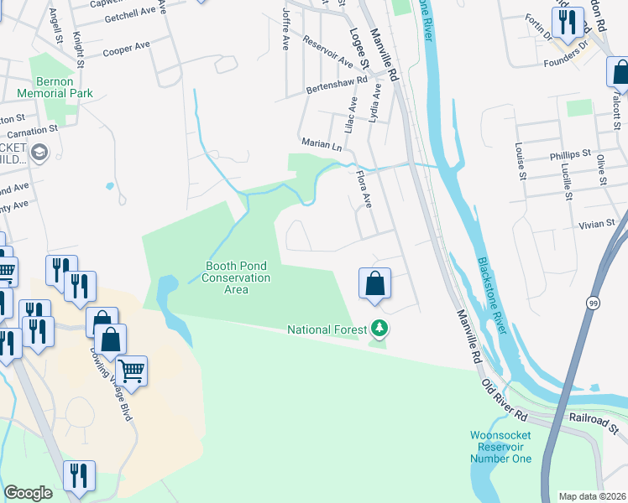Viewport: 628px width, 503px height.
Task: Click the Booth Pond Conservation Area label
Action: tap(238, 277)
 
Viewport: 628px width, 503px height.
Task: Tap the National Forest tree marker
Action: tap(380, 329)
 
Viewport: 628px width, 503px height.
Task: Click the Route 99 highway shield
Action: tap(594, 304)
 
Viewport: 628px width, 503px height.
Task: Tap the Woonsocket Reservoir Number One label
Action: tap(500, 447)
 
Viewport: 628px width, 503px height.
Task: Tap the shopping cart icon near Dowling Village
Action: tap(132, 370)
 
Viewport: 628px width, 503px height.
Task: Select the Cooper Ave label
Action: tap(126, 50)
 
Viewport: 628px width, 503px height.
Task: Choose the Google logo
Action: tap(28, 493)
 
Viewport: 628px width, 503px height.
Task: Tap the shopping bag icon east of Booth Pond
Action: tap(375, 283)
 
